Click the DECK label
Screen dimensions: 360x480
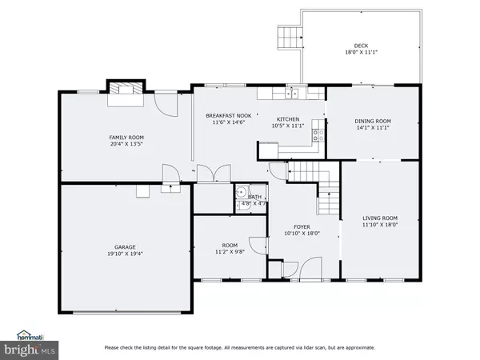coord(362,46)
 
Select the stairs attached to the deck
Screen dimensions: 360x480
coord(288,37)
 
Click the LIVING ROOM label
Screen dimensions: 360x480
coord(379,218)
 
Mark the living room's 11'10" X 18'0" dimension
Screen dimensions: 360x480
coord(379,226)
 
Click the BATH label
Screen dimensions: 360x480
coord(254,197)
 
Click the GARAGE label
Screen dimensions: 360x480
coord(124,246)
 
